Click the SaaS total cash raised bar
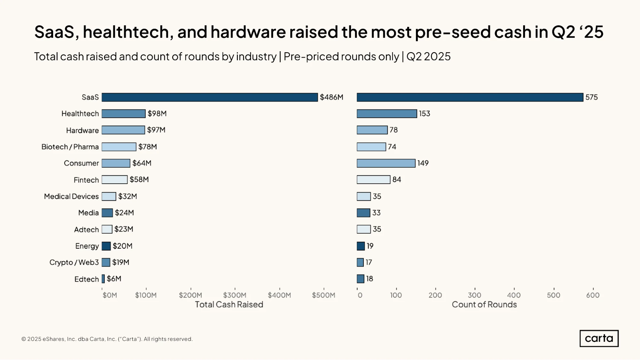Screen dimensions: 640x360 coord(210,97)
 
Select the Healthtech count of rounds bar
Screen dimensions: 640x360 coord(387,114)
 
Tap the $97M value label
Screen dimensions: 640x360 coord(156,130)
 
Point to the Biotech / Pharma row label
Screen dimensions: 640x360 coord(70,147)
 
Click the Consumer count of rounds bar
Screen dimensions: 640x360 coord(386,163)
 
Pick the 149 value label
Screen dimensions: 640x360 coord(423,163)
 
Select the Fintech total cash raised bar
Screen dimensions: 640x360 coord(115,180)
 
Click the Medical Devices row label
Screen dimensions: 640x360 coord(71,196)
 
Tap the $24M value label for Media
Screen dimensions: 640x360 coord(125,213)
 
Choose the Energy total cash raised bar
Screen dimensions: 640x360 coord(106,246)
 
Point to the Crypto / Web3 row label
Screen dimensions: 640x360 coord(74,262)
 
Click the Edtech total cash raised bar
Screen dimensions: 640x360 coord(103,279)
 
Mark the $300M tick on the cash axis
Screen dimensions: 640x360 coord(235,295)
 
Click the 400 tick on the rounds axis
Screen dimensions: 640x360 coord(514,295)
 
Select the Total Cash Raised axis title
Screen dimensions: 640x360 coord(229,304)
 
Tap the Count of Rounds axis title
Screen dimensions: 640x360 coord(484,304)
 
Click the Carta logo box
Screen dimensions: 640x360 coord(599,339)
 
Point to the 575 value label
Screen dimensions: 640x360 coord(592,97)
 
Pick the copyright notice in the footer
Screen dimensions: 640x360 coord(107,339)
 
